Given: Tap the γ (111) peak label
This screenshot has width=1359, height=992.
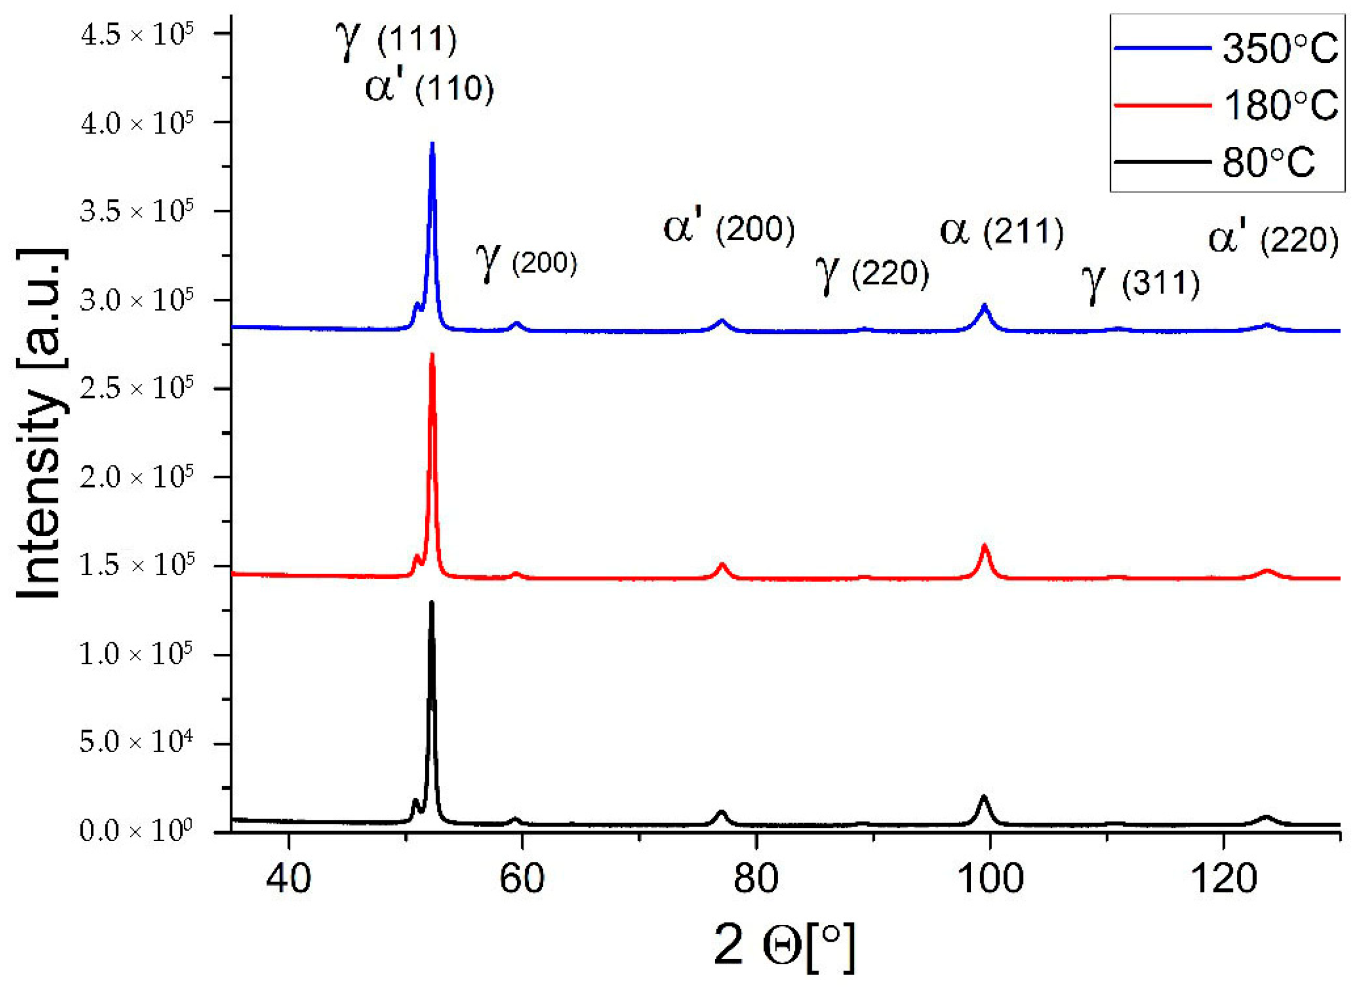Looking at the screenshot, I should (x=396, y=39).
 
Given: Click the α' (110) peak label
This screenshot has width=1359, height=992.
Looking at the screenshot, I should (x=429, y=88).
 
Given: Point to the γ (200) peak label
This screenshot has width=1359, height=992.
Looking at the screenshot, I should (x=526, y=262).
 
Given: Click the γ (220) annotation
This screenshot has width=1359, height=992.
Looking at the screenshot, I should (x=872, y=274).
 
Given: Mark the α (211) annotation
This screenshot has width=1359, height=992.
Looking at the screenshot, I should (x=1001, y=232).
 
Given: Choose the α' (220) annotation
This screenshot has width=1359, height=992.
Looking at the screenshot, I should (x=1274, y=240).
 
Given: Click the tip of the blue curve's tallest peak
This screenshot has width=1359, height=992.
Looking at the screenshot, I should (x=432, y=144).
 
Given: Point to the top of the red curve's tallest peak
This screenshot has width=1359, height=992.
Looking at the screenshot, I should (x=432, y=355).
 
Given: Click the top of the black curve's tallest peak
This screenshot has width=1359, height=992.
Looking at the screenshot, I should (x=432, y=602).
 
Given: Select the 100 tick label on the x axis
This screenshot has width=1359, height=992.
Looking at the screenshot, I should (x=989, y=879).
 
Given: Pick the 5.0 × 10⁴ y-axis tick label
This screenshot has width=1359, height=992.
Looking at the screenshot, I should (x=137, y=743).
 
